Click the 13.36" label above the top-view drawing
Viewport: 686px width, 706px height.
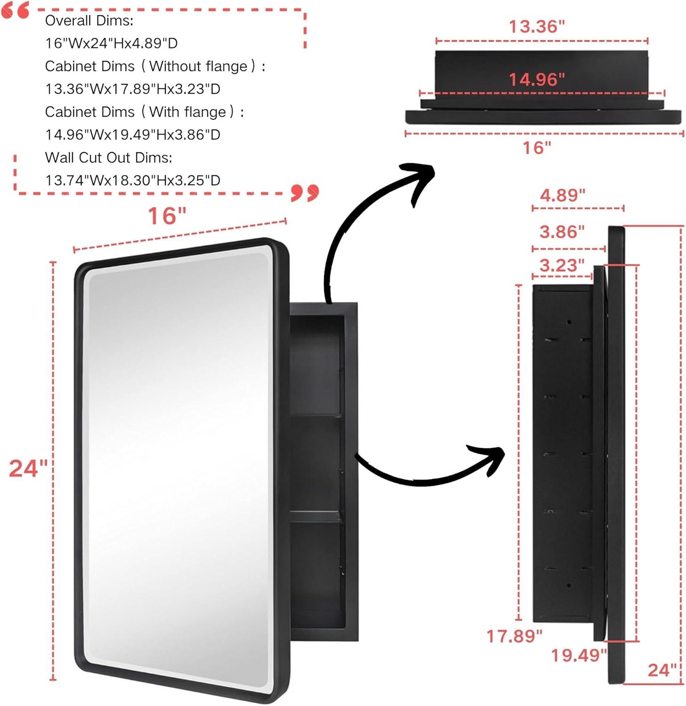536,26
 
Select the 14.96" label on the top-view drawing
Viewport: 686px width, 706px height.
536,79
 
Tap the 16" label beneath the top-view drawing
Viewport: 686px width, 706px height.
536,148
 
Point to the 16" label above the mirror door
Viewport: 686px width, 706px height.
167,216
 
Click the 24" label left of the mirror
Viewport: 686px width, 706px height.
28,468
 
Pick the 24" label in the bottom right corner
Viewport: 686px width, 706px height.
662,670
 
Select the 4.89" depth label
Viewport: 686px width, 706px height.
562,195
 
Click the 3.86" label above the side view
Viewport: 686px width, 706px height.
562,232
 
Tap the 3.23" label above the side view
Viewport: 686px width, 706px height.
562,265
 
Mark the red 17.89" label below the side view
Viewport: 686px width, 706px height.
514,636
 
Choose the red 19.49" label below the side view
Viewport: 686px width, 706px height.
579,655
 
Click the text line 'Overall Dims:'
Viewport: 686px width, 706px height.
89,21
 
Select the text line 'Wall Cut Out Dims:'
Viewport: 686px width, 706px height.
108,158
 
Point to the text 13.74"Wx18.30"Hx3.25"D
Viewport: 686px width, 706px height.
133,180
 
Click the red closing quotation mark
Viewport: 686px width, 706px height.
305,192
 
